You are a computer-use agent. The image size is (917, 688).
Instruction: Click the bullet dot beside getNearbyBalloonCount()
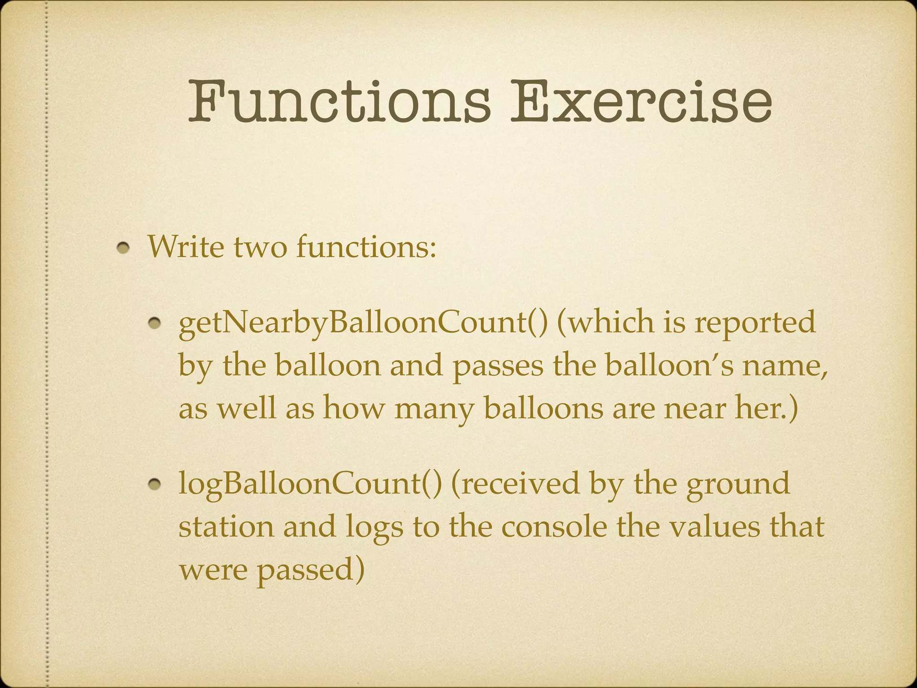point(155,323)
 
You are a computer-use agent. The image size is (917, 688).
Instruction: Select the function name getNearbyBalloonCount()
point(363,322)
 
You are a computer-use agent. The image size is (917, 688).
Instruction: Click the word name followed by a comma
point(784,365)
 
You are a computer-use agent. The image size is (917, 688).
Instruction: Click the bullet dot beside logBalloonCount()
point(155,484)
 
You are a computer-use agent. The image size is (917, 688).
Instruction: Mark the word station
point(226,527)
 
